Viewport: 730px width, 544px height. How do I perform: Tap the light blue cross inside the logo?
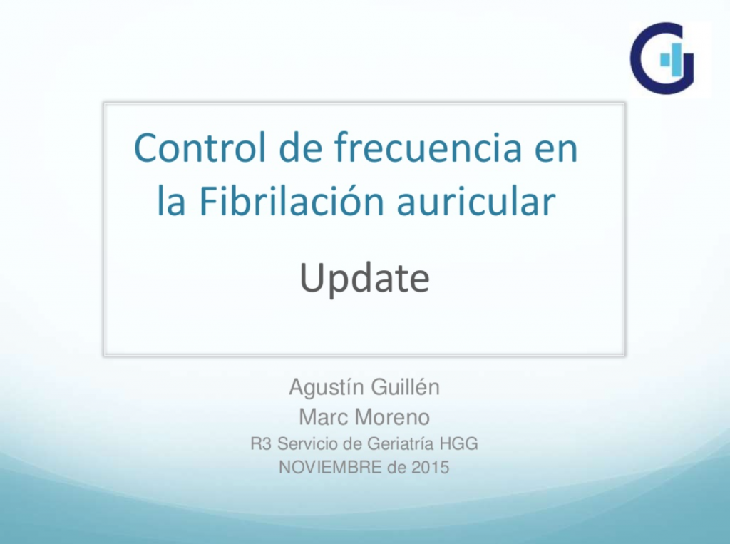click(667, 58)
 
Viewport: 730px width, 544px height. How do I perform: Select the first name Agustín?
click(324, 388)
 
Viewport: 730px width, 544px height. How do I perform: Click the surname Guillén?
click(403, 388)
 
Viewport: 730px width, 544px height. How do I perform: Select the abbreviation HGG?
click(460, 444)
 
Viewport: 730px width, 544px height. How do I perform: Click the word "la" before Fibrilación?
click(171, 202)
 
